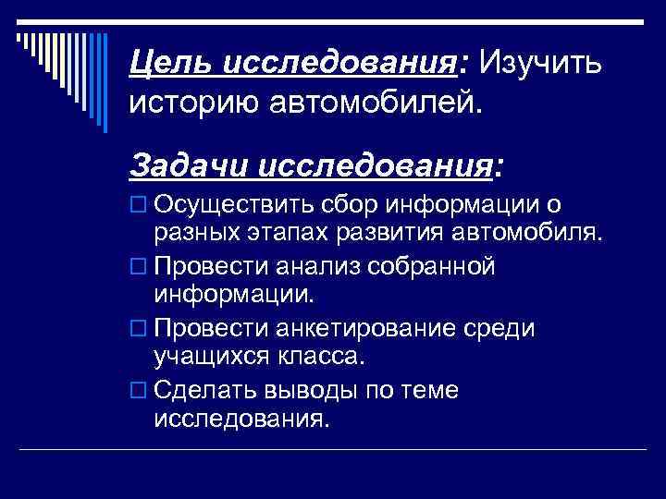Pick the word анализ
(312, 266)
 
